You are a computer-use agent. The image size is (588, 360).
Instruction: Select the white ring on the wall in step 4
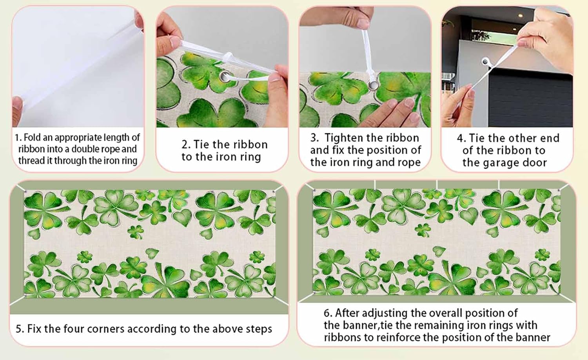coord(486,62)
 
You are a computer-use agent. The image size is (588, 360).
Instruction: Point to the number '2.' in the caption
coord(186,144)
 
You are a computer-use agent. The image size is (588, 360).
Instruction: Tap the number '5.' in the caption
coord(20,329)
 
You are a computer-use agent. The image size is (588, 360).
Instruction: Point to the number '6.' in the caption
coord(328,313)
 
